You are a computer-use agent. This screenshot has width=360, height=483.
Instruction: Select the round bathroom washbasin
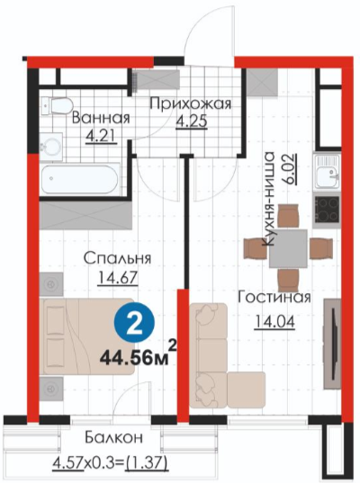tap(52, 147)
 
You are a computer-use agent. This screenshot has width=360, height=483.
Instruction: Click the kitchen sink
tap(327, 172)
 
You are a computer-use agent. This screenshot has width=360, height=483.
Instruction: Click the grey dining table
tap(288, 248)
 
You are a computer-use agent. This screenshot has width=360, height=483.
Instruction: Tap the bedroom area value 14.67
tap(118, 278)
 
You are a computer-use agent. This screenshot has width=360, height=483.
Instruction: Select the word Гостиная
tap(274, 297)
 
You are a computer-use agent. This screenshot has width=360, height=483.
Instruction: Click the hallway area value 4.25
tap(192, 121)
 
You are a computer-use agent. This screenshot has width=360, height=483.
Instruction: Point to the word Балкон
tap(113, 437)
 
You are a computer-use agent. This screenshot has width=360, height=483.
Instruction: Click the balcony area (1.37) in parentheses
tap(147, 461)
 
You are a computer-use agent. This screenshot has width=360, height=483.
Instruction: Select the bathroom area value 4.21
tap(101, 136)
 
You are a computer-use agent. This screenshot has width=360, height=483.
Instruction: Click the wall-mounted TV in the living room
tap(332, 344)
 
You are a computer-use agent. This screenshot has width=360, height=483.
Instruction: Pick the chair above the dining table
tap(289, 216)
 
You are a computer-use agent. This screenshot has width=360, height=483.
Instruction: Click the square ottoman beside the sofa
tap(247, 390)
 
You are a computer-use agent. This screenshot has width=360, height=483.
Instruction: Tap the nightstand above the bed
tap(51, 284)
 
